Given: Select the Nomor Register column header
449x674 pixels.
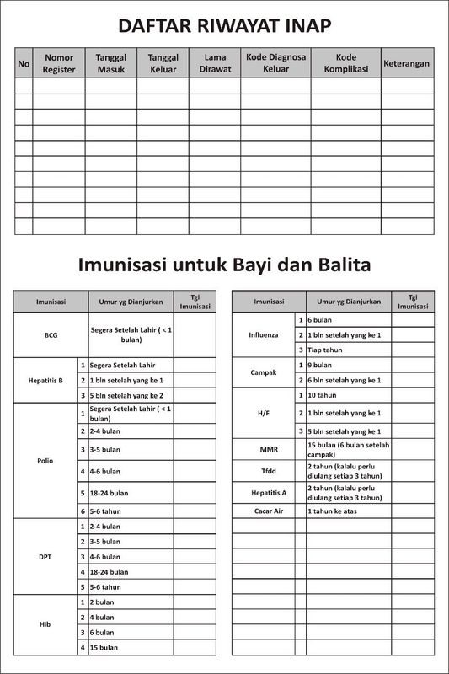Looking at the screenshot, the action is click(59, 63).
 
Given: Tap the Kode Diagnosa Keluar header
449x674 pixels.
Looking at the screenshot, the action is click(275, 63).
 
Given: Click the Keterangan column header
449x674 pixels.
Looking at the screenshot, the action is click(406, 63).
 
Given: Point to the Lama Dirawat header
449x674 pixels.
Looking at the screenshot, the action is click(214, 63).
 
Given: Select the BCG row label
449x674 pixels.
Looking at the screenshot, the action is click(51, 334).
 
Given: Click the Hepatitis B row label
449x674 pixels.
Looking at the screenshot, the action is click(45, 380).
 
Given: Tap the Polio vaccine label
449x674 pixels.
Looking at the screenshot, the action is click(45, 461).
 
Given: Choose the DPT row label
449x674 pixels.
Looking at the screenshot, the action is click(45, 556).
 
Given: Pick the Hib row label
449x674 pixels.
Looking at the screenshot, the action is click(45, 624).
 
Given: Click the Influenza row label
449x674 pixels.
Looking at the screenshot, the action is click(263, 334).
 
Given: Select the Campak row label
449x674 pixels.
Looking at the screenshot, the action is click(263, 372).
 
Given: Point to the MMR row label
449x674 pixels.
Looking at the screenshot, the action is click(263, 449).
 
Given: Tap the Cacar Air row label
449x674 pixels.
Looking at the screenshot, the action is click(263, 511).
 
